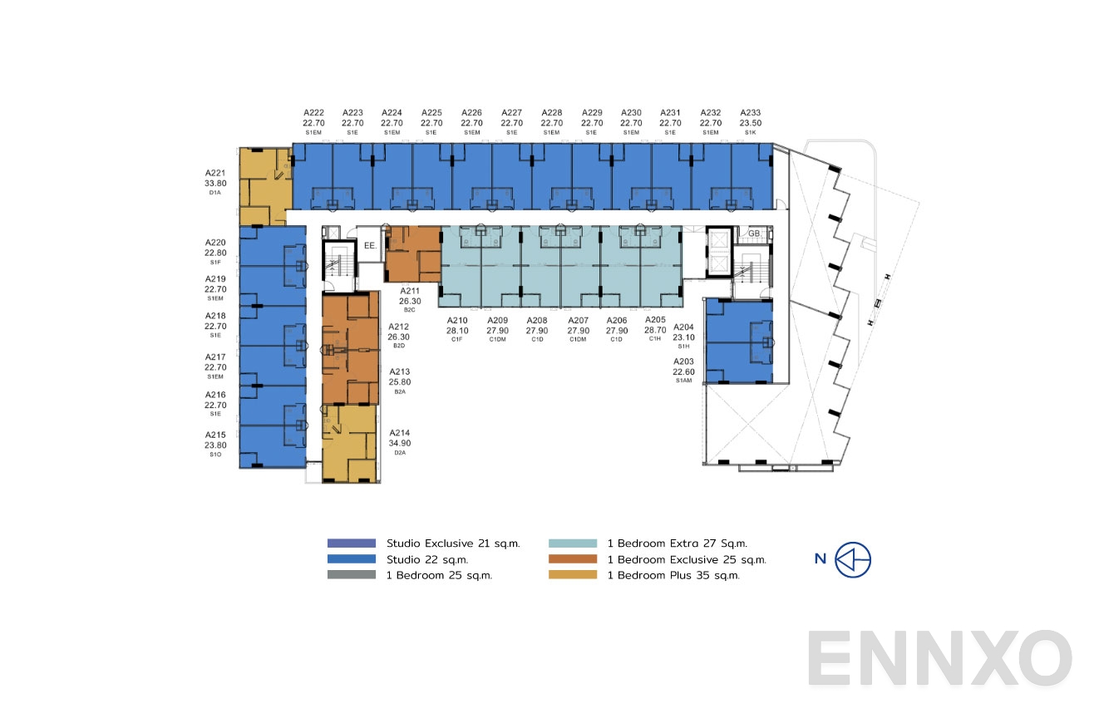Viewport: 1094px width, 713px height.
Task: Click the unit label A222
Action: tap(313, 113)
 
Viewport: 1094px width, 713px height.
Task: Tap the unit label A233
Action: tap(750, 113)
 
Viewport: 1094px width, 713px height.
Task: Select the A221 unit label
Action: tap(215, 174)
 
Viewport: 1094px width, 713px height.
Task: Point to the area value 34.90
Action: tap(400, 443)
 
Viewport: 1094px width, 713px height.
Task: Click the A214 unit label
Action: tap(400, 433)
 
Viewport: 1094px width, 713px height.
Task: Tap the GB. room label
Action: tap(754, 234)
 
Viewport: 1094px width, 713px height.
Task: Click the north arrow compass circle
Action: tap(854, 559)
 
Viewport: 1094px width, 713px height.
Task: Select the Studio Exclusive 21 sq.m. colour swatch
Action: tap(351, 543)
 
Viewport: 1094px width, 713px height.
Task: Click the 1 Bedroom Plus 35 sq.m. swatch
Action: tap(573, 575)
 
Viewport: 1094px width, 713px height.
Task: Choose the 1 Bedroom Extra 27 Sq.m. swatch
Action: tap(573, 543)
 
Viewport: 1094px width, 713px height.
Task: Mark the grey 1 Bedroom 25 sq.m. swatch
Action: tap(351, 575)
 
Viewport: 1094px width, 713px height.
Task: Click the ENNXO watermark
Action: tap(939, 659)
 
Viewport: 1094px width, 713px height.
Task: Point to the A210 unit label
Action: tap(458, 320)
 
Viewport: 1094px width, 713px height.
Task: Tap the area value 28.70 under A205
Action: tap(656, 330)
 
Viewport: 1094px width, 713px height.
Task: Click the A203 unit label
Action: tap(683, 361)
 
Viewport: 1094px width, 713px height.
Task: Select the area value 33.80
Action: tap(215, 184)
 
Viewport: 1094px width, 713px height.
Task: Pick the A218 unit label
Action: tap(215, 316)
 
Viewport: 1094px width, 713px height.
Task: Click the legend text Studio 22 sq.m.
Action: tap(421, 559)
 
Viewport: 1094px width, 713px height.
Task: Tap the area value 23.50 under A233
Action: tap(750, 123)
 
